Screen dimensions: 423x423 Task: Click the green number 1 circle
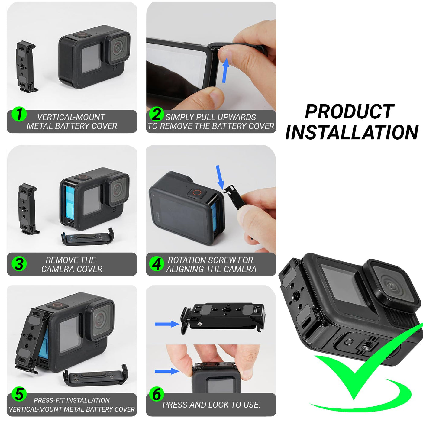click(19, 114)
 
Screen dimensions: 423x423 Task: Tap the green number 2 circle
click(157, 114)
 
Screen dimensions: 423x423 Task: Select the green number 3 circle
click(19, 264)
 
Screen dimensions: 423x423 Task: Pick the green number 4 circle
click(157, 264)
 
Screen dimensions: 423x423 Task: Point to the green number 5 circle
click(19, 394)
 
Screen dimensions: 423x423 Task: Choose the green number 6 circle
click(157, 394)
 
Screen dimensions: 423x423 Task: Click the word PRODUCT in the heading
click(350, 112)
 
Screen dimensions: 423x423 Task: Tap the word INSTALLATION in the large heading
click(352, 132)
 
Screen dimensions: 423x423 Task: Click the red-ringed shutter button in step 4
click(197, 193)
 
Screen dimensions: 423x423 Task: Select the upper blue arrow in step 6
click(167, 324)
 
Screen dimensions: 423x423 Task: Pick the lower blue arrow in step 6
click(167, 371)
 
